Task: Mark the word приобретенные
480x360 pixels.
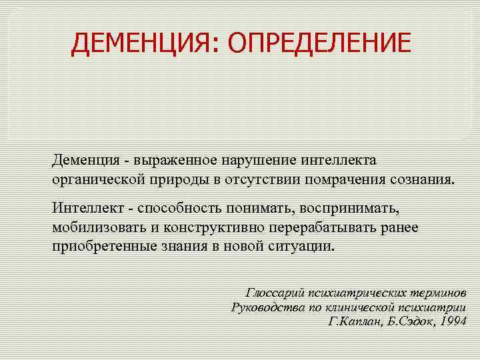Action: [104, 245]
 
